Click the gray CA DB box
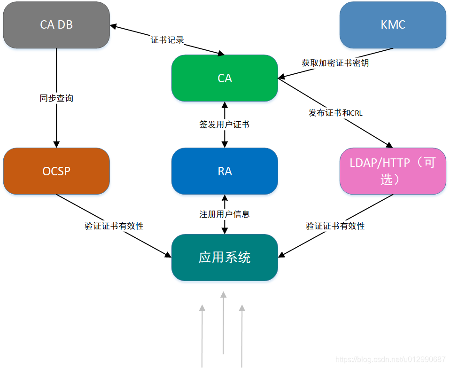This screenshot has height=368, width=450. [x=56, y=24]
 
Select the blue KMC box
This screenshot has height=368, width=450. [x=393, y=24]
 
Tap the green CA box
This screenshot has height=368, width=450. [x=225, y=78]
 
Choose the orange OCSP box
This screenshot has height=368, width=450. [x=56, y=171]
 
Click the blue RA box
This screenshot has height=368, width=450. [x=225, y=171]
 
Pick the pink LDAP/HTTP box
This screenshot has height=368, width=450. [x=393, y=171]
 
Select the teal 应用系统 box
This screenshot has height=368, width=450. [x=225, y=258]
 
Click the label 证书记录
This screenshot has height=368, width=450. [x=167, y=40]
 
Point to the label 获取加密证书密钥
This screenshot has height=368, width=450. [x=335, y=63]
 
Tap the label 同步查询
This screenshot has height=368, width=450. [x=56, y=98]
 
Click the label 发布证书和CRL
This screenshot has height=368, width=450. [x=335, y=113]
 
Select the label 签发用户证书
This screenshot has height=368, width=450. [x=225, y=125]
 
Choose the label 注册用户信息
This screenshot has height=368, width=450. [x=225, y=214]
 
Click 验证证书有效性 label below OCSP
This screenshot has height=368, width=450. [x=114, y=226]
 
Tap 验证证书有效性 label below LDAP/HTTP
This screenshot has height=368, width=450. [x=335, y=226]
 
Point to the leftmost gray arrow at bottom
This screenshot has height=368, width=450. [x=202, y=336]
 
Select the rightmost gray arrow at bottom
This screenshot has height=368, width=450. [x=242, y=336]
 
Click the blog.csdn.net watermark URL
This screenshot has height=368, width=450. [x=390, y=360]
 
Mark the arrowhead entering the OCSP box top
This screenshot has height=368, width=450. [x=56, y=143]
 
